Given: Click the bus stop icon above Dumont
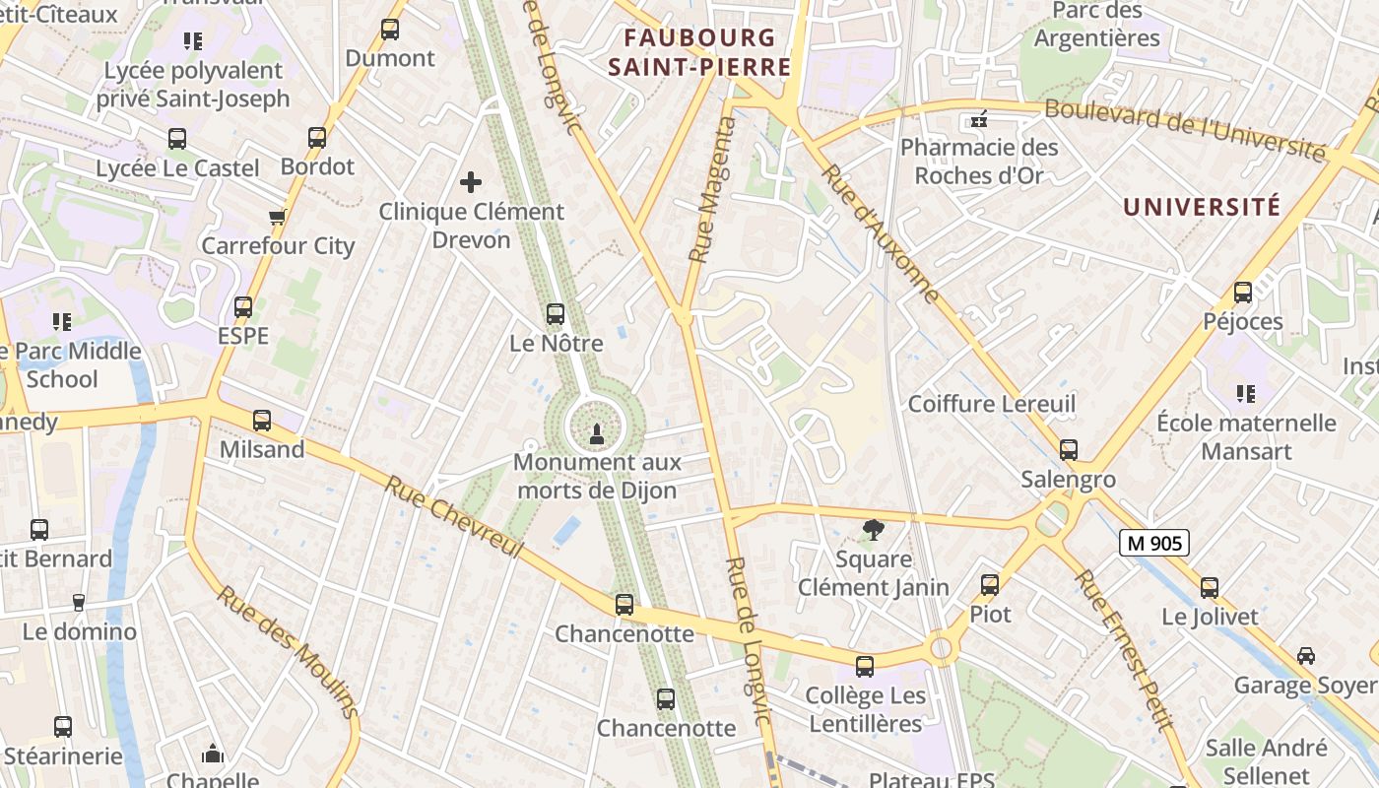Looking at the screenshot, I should pyautogui.click(x=390, y=30).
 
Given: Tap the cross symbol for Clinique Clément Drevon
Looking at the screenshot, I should pyautogui.click(x=471, y=182).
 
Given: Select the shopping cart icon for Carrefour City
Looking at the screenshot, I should pyautogui.click(x=277, y=217).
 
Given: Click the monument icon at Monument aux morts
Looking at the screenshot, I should pyautogui.click(x=595, y=433).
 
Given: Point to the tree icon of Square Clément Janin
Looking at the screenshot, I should pyautogui.click(x=873, y=531).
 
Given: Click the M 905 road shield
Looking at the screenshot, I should pyautogui.click(x=1154, y=543).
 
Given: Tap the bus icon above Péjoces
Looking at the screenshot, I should pyautogui.click(x=1243, y=293).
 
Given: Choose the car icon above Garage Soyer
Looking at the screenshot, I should pyautogui.click(x=1306, y=656).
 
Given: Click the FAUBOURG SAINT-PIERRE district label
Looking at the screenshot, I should pyautogui.click(x=699, y=52).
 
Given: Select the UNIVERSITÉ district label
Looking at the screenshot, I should pyautogui.click(x=1202, y=207).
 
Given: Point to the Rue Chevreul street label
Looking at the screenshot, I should pyautogui.click(x=452, y=517).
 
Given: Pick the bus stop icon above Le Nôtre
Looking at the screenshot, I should pyautogui.click(x=556, y=314).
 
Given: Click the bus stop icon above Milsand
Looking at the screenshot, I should pyautogui.click(x=262, y=421).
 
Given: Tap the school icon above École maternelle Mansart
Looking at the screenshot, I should pyautogui.click(x=1245, y=394).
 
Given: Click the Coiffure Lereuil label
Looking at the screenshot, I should pyautogui.click(x=991, y=404).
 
